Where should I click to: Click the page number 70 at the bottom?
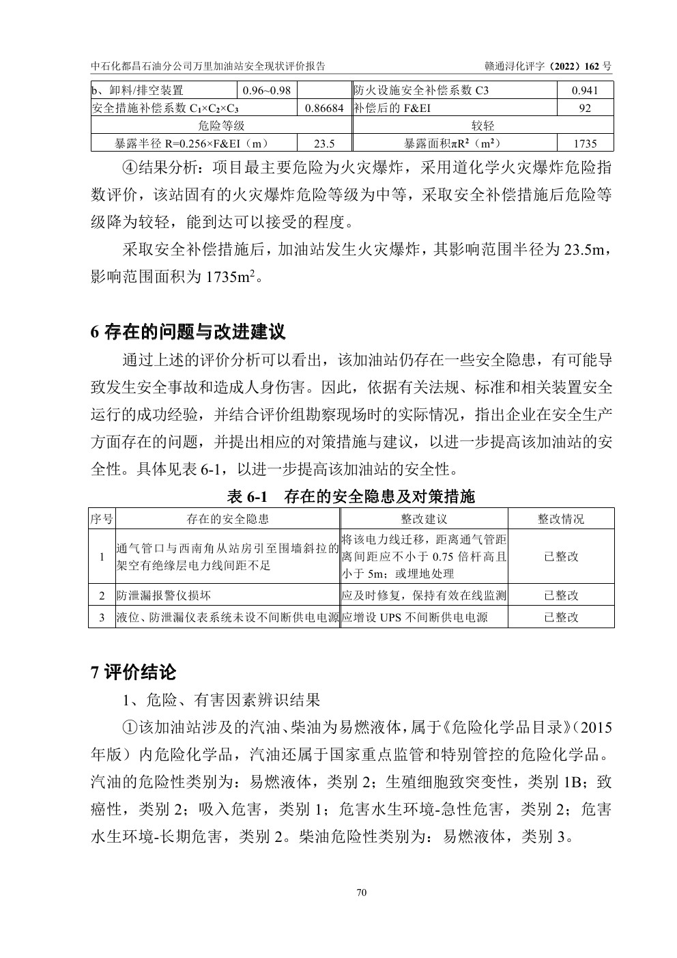pyautogui.click(x=362, y=892)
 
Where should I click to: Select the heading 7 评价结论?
pyautogui.click(x=134, y=673)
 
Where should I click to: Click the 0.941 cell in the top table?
pyautogui.click(x=585, y=90)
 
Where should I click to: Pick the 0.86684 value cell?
pyautogui.click(x=324, y=108)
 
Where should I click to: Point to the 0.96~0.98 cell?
pyautogui.click(x=267, y=90)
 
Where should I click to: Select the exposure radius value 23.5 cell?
pyautogui.click(x=324, y=143)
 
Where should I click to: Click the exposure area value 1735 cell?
pyautogui.click(x=585, y=143)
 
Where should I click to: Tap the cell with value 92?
pyautogui.click(x=585, y=108)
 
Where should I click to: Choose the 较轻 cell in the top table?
pyautogui.click(x=482, y=126)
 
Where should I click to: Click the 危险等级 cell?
pyautogui.click(x=221, y=126)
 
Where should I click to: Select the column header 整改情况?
pyautogui.click(x=561, y=519)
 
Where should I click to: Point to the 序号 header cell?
pyautogui.click(x=102, y=519)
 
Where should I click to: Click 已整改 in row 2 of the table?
pyautogui.click(x=561, y=595)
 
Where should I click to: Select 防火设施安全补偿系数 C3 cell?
pyautogui.click(x=422, y=90)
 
